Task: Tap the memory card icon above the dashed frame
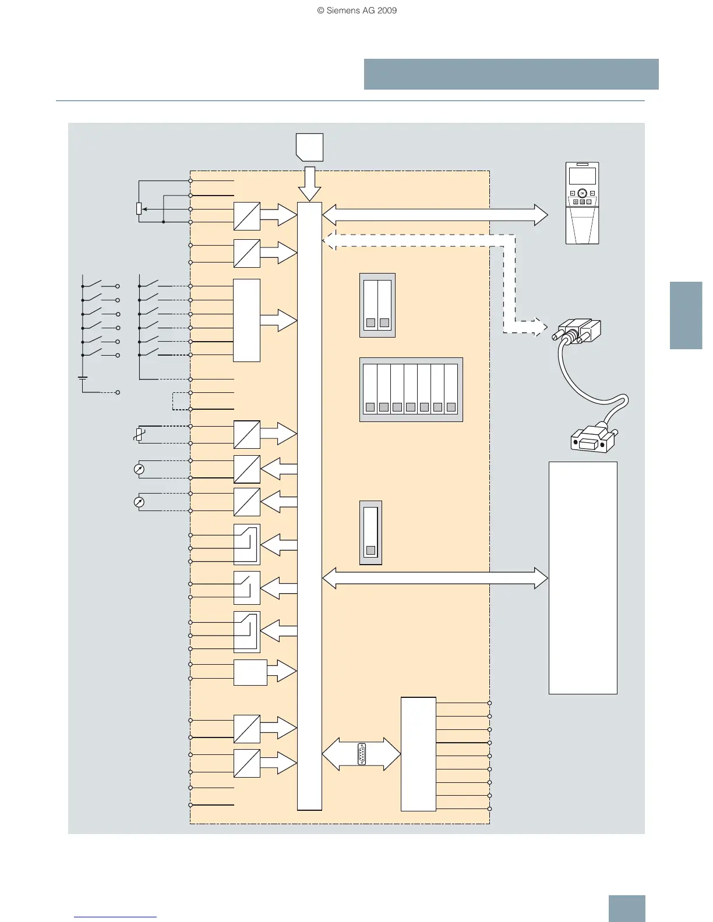tap(310, 147)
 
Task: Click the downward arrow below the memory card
tap(309, 184)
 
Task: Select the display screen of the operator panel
tap(582, 176)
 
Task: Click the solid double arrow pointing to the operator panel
tap(435, 215)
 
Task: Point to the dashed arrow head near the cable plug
tap(539, 327)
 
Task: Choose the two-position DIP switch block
tap(377, 305)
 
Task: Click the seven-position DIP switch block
tap(411, 389)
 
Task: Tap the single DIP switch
tap(370, 532)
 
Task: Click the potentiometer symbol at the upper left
tap(139, 208)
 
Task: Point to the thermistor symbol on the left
tap(139, 434)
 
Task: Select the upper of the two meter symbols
tap(139, 469)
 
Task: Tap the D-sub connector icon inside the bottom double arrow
tap(362, 754)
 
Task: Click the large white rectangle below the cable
tap(583, 577)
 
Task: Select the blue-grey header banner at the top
tap(511, 74)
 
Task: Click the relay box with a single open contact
tap(247, 588)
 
